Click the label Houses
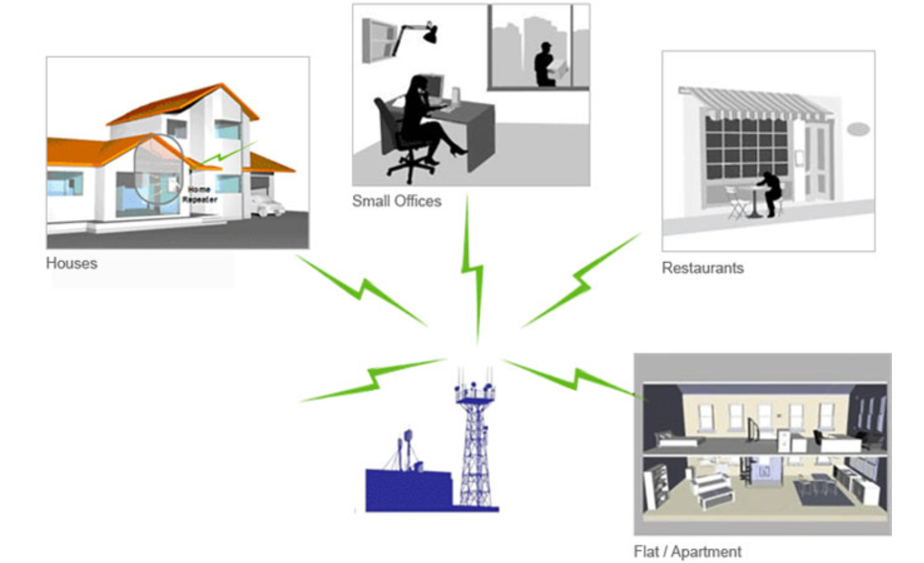click(x=72, y=263)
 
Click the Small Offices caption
click(x=396, y=201)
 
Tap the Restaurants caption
click(x=702, y=268)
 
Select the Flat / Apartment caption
click(x=687, y=552)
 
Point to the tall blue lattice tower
click(x=475, y=441)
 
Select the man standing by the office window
click(x=545, y=65)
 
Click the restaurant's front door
click(x=816, y=160)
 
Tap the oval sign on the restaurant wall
click(x=858, y=129)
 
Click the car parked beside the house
click(x=267, y=205)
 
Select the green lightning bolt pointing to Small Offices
click(x=473, y=267)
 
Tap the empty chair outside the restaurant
click(x=737, y=202)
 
